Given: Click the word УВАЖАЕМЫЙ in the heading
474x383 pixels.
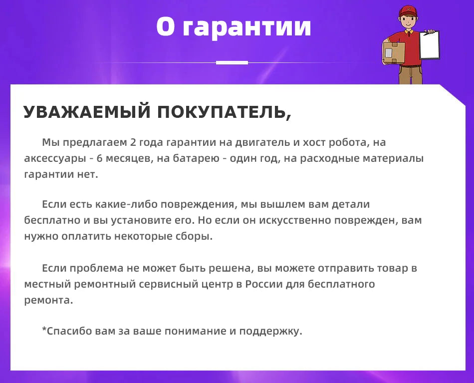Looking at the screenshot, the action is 87,112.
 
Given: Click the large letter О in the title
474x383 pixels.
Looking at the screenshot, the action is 166,26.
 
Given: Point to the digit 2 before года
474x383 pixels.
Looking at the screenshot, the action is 133,142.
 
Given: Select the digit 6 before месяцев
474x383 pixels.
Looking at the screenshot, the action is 100,158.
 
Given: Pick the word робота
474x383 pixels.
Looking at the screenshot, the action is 349,142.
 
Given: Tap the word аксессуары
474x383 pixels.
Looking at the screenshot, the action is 55,159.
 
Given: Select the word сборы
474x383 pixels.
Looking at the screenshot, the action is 194,236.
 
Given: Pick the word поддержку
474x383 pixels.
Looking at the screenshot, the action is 271,331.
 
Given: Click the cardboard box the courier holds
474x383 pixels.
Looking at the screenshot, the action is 394,52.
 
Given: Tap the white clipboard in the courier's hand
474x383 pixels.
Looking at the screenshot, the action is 429,45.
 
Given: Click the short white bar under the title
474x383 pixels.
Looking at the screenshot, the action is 232,62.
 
